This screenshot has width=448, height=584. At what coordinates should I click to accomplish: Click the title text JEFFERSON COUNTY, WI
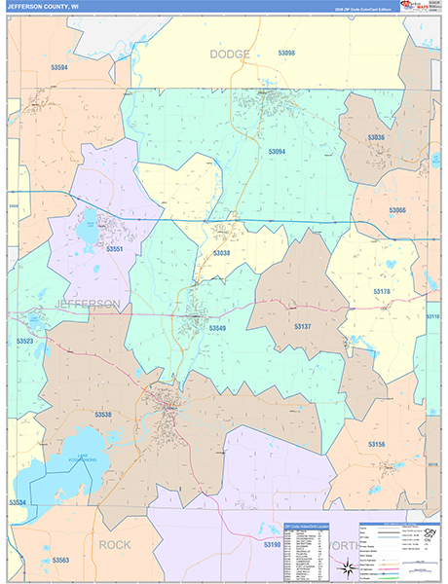(43, 8)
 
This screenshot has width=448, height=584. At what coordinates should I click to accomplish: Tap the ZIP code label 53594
(60, 67)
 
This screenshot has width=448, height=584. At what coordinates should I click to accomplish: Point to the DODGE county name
(230, 55)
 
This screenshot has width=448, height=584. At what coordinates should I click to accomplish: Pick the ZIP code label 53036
(377, 138)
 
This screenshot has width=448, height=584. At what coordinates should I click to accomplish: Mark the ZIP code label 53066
(397, 210)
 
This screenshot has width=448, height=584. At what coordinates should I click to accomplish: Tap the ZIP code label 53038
(222, 253)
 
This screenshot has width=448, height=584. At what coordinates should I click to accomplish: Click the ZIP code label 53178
(381, 291)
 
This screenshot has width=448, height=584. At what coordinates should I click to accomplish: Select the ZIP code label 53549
(218, 328)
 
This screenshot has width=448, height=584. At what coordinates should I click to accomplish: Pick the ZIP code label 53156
(376, 444)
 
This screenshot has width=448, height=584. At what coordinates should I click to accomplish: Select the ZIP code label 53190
(272, 545)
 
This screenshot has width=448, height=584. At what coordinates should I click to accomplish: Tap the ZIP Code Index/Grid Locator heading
(306, 526)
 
